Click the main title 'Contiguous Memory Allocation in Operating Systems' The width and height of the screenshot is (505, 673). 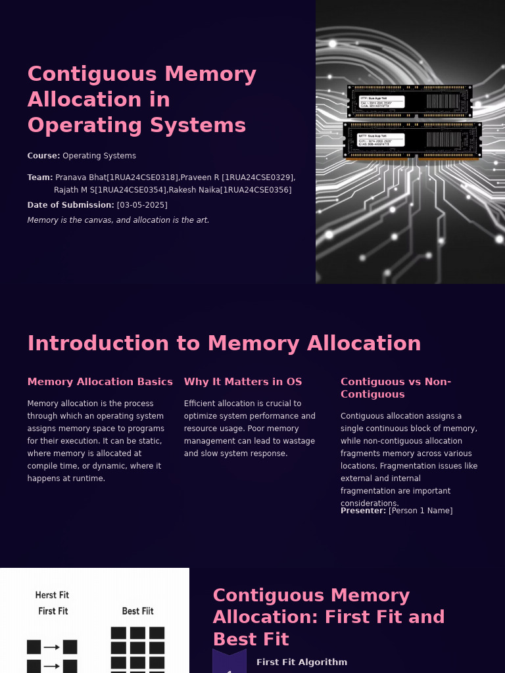click(x=141, y=99)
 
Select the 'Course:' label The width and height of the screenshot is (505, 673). click(x=43, y=156)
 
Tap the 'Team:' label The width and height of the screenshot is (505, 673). click(x=39, y=177)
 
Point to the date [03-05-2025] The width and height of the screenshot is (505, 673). click(x=142, y=205)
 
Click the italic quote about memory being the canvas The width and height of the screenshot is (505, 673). click(x=118, y=220)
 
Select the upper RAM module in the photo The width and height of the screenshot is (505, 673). click(x=409, y=101)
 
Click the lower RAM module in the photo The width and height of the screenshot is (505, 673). click(x=412, y=139)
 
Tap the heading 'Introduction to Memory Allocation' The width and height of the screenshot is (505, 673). click(x=224, y=344)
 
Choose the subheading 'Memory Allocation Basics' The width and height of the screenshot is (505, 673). click(x=100, y=382)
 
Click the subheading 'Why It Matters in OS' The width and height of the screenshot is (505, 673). click(x=243, y=382)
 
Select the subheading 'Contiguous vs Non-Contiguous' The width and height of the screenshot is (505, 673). click(x=395, y=388)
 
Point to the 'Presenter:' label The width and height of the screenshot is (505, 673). click(x=363, y=511)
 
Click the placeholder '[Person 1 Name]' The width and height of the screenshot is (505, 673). click(x=420, y=511)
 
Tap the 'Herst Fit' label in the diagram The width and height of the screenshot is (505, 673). click(x=52, y=595)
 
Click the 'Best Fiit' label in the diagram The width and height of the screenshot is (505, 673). click(x=137, y=611)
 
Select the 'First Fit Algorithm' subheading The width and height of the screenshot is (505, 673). click(x=302, y=662)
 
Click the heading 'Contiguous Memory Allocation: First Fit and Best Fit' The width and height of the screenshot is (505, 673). click(x=329, y=617)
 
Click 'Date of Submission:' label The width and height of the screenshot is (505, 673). click(x=70, y=205)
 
